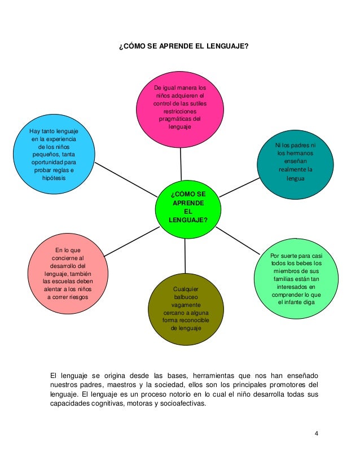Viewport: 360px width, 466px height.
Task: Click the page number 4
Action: [317, 433]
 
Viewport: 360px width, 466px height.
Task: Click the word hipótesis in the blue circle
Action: [54, 178]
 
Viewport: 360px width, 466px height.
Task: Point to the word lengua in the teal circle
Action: [295, 178]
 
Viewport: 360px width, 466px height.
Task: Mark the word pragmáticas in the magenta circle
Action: [181, 119]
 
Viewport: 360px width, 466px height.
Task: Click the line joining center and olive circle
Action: [185, 257]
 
